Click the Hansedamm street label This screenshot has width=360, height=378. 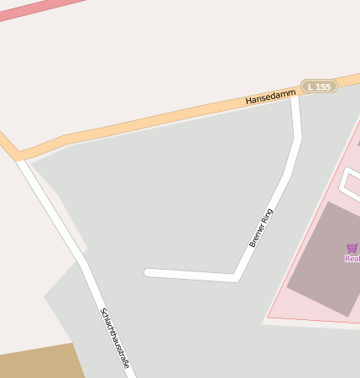[x=270, y=98]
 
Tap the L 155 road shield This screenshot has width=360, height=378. [x=320, y=87]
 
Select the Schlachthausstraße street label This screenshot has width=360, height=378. [x=115, y=339]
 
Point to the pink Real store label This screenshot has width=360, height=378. [x=352, y=259]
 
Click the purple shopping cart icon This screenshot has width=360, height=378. [x=352, y=248]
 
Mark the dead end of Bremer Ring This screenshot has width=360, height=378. [x=149, y=272]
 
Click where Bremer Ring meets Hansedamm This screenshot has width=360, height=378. [x=295, y=94]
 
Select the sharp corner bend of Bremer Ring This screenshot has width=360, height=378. [x=236, y=276]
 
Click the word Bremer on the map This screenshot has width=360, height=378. [x=256, y=236]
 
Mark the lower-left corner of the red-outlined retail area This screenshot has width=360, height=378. [x=269, y=318]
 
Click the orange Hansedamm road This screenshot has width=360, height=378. [x=151, y=122]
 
